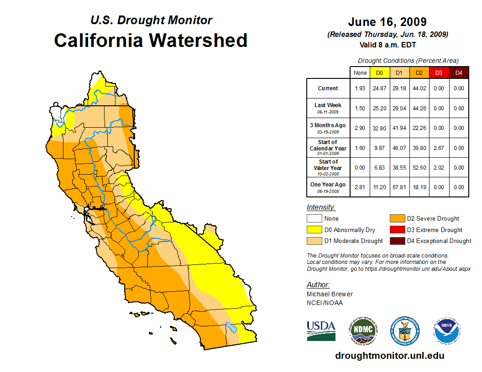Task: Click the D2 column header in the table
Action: point(419,73)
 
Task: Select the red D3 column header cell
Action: point(439,73)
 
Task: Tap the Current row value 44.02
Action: point(419,88)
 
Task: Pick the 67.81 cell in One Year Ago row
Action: point(399,187)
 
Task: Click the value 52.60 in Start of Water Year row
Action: point(419,167)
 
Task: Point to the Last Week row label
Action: point(328,108)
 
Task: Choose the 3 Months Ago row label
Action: point(328,128)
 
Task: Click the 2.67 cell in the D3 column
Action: point(439,148)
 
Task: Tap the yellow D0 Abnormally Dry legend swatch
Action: point(314,230)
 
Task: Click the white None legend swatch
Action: point(314,219)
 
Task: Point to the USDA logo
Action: point(321,331)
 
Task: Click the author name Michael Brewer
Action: point(330,294)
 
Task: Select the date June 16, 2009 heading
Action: point(387,22)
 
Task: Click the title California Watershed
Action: point(151,40)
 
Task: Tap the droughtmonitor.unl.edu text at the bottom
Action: point(389,356)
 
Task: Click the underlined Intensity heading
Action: point(321,207)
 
